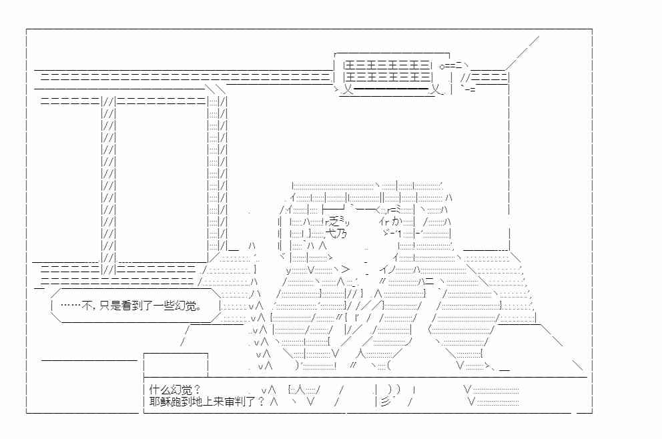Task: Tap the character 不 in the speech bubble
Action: pyautogui.click(x=87, y=305)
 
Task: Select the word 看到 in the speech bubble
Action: pyautogui.click(x=131, y=305)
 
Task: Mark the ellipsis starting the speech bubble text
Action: pyautogui.click(x=71, y=305)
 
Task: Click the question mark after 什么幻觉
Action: pyautogui.click(x=196, y=390)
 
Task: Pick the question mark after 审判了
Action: pyautogui.click(x=260, y=401)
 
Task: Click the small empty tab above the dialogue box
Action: pyautogui.click(x=176, y=364)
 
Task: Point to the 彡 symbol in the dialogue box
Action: pyautogui.click(x=385, y=402)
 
